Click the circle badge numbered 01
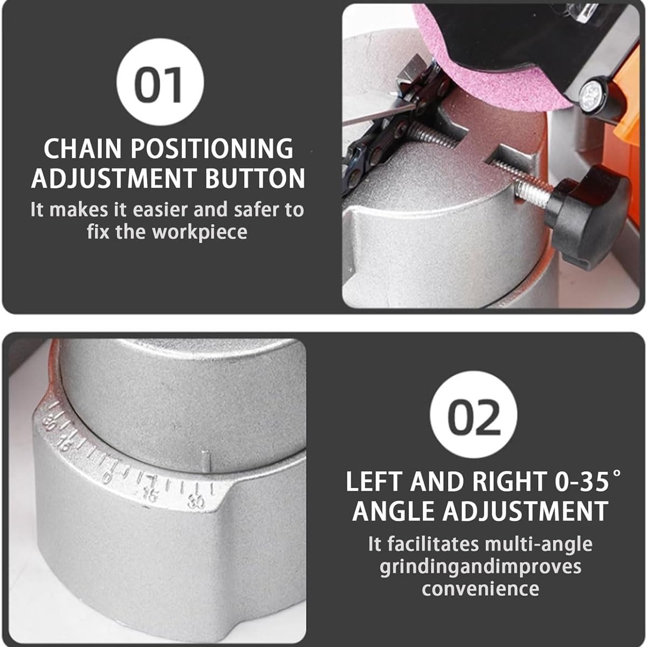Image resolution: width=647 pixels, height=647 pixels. tap(160, 82)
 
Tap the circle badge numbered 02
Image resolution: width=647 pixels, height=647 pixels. tap(473, 415)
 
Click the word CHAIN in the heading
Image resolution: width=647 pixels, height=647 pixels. tap(82, 148)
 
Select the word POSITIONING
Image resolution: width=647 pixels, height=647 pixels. tap(212, 148)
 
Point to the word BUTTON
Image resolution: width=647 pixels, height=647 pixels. tap(255, 178)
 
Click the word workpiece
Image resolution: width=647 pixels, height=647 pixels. tap(200, 232)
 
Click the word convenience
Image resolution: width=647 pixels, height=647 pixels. tap(480, 589)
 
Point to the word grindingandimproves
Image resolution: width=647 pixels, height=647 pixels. tap(480, 567)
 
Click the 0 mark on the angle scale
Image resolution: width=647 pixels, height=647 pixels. tap(107, 477)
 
